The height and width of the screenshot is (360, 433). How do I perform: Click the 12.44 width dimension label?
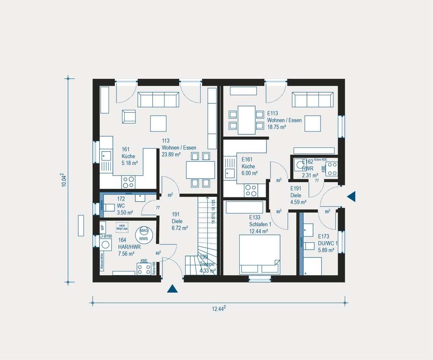219,309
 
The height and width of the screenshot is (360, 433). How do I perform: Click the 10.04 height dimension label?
63,180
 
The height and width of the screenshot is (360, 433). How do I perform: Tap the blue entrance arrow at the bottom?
172,289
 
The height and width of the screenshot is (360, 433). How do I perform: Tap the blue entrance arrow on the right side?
351,196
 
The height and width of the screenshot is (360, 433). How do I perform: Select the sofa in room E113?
313,100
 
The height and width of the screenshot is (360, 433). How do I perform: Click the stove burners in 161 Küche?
128,182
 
